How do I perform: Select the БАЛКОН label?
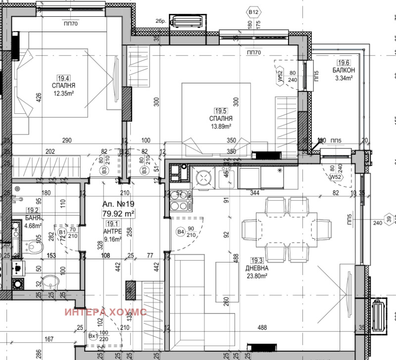pos(343,70)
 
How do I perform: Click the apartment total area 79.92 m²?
pos(119,213)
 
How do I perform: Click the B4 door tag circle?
pos(180,231)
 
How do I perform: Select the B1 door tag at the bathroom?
pos(62,231)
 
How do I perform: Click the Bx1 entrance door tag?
pos(93,336)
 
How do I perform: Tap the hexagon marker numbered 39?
pos(389,220)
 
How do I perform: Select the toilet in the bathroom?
pos(34,242)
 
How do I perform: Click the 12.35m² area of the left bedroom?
pos(63,92)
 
